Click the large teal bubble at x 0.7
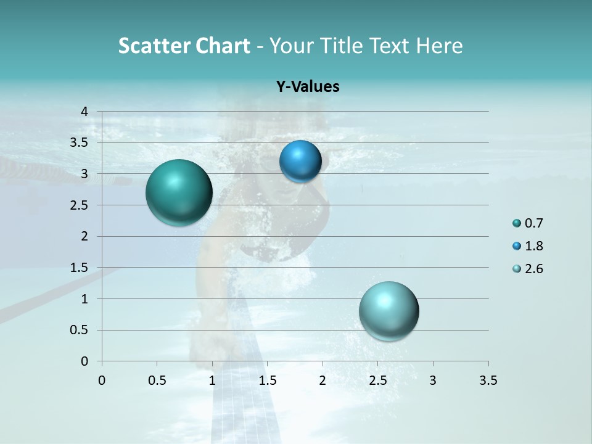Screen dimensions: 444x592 click(179, 192)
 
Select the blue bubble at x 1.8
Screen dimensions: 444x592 click(300, 162)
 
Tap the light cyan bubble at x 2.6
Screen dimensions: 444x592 click(388, 311)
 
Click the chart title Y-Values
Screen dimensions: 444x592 click(308, 86)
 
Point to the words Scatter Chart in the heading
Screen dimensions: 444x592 click(184, 46)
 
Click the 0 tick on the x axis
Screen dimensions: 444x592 click(102, 380)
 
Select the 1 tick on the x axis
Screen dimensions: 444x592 click(212, 380)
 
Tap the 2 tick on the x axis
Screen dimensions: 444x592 click(323, 380)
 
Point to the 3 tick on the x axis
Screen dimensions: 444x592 click(433, 380)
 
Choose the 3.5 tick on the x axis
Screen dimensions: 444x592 click(488, 380)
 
